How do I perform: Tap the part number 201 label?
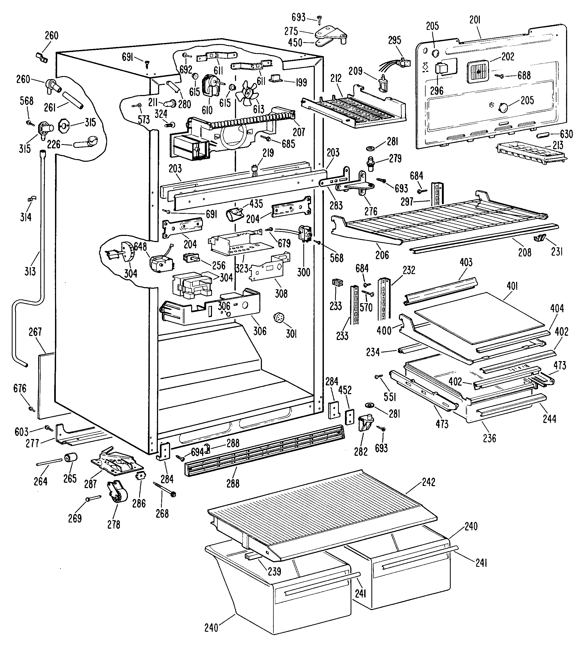pos(475,20)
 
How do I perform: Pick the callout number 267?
pos(35,332)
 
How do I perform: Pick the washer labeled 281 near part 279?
pos(371,148)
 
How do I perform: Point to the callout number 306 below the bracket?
pos(260,331)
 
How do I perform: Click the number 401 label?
pos(512,286)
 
